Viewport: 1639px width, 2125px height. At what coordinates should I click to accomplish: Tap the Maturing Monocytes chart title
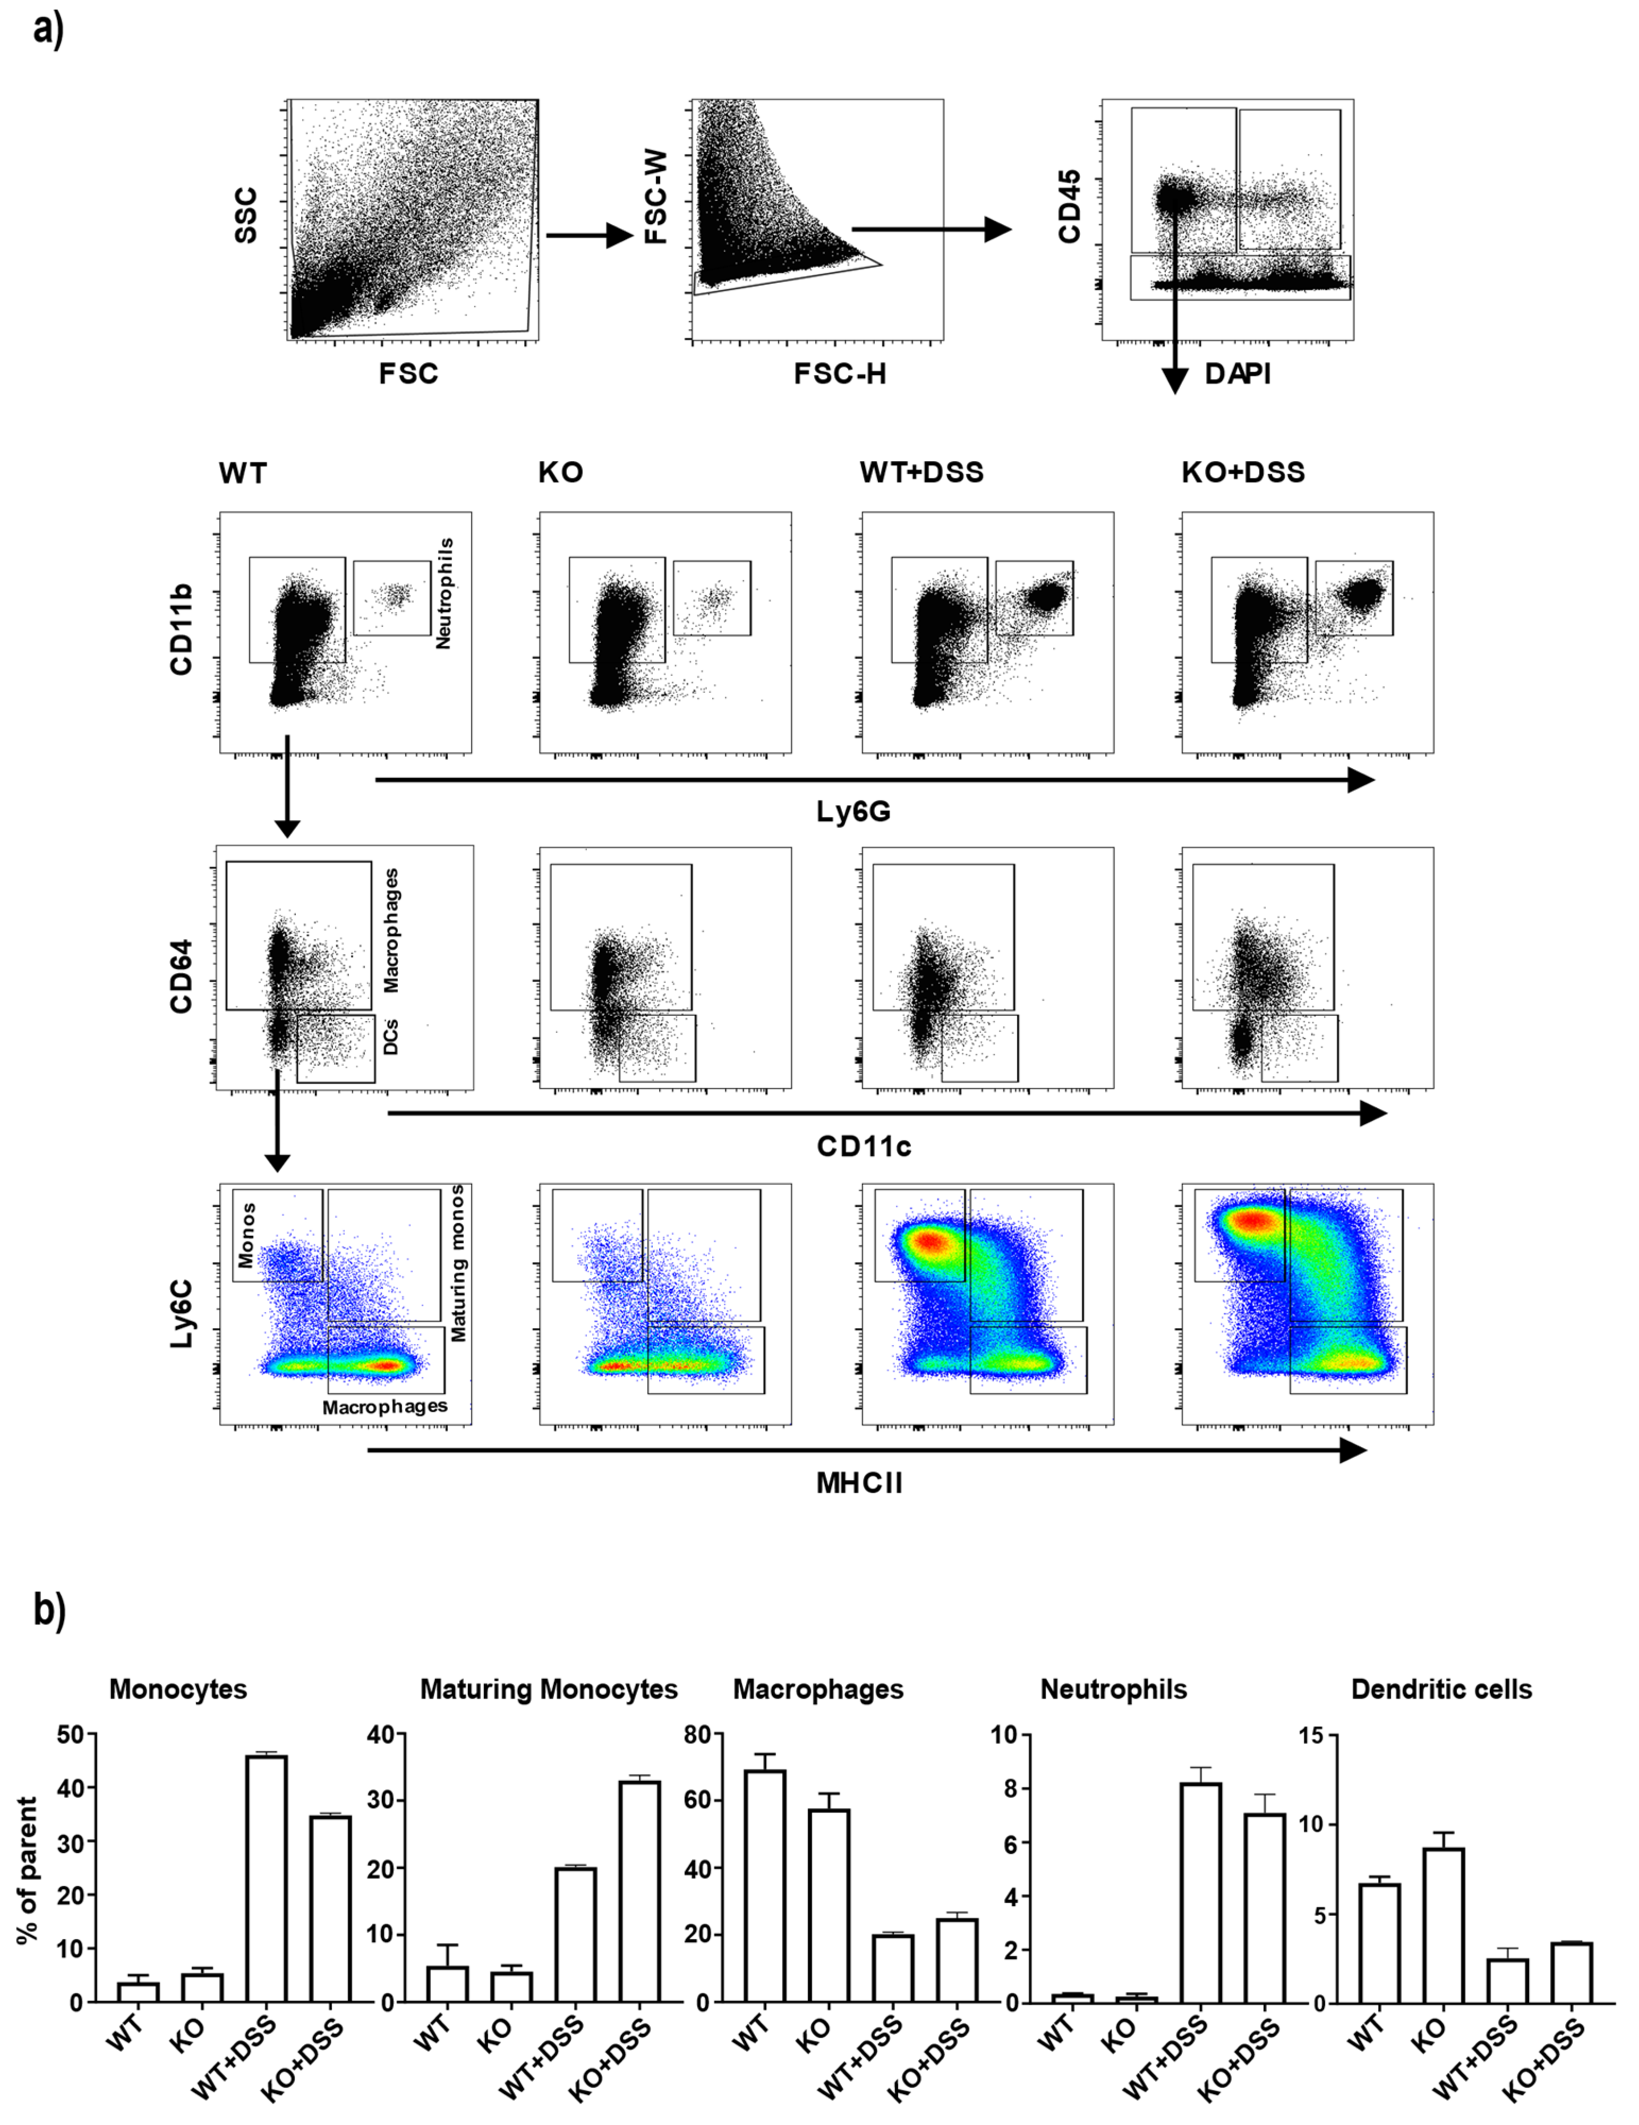[549, 1689]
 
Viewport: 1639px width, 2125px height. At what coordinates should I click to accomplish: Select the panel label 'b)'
[49, 1609]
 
